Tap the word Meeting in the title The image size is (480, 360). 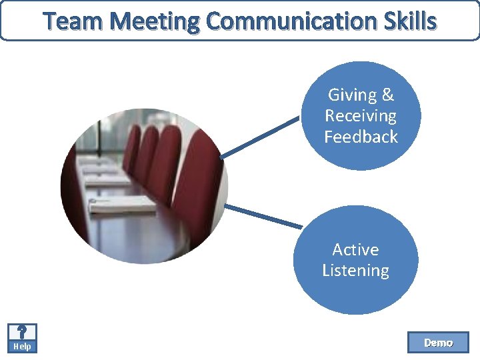pos(155,21)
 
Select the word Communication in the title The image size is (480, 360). pos(289,21)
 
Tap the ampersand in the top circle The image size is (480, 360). pos(388,95)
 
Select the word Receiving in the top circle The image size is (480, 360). pos(361,115)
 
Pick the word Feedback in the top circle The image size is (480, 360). pos(361,137)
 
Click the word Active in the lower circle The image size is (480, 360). pos(355,249)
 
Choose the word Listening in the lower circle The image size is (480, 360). pos(355,270)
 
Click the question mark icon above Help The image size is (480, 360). pos(22,332)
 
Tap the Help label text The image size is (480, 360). pos(22,347)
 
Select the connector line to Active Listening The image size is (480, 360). pos(263,217)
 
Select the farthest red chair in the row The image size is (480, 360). pos(131,147)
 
